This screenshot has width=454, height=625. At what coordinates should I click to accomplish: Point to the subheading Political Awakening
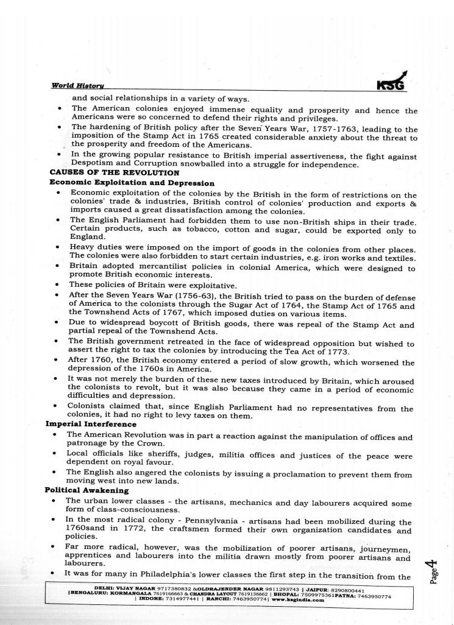coord(87,490)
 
